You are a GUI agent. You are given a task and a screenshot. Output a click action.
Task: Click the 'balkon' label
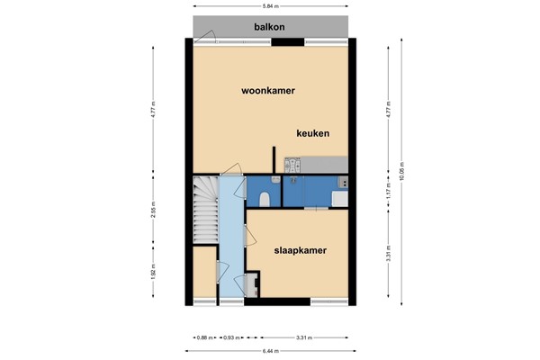click(x=269, y=27)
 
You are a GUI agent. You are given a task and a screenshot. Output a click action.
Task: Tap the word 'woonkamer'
click(x=268, y=91)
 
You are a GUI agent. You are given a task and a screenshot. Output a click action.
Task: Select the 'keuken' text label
click(x=312, y=133)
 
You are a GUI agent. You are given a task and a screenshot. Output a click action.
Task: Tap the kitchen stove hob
click(x=293, y=164)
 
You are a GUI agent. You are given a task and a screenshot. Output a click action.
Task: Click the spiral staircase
click(x=205, y=208)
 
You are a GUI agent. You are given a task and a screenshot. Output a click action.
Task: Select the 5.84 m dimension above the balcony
click(x=269, y=8)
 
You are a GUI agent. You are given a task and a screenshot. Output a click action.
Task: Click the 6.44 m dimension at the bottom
click(x=269, y=350)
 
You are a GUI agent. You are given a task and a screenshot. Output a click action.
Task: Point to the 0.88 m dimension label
click(x=203, y=337)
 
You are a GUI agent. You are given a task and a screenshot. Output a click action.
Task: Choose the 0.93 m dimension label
click(x=230, y=337)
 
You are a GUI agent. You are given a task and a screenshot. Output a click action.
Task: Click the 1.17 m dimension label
click(x=387, y=192)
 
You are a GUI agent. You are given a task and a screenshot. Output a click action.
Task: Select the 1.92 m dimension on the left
click(x=154, y=273)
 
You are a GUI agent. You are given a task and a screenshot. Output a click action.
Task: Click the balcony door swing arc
click(x=208, y=39)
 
